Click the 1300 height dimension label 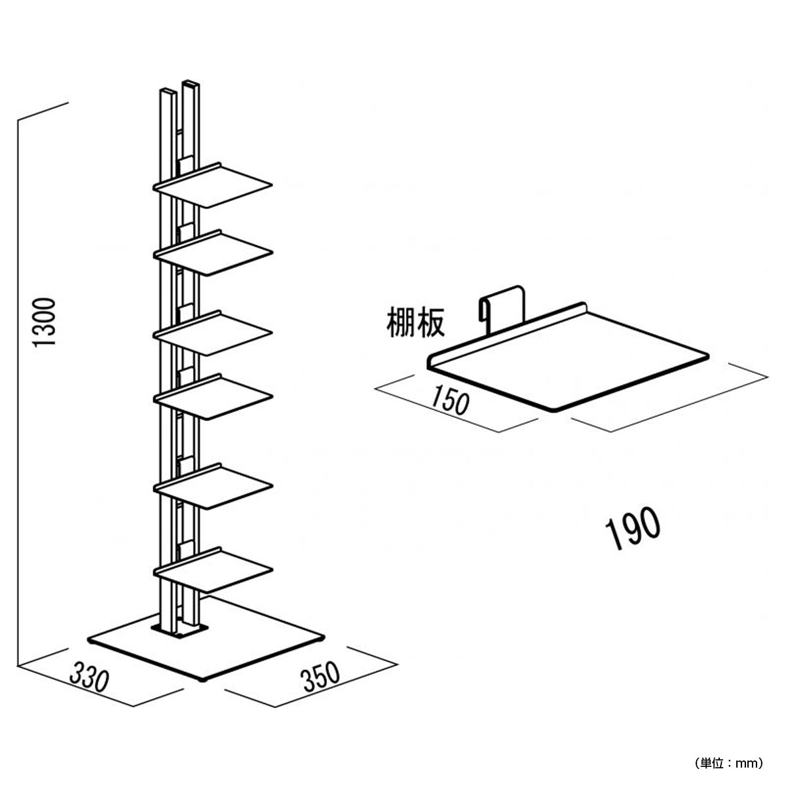coord(44,323)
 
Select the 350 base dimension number coord(320,677)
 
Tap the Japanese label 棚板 coord(415,323)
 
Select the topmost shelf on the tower coord(213,185)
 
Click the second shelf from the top coord(213,253)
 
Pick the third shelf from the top coord(213,333)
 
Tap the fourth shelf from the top coord(213,397)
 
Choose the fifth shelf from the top coord(213,486)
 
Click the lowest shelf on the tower coord(213,571)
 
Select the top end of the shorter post coord(168,91)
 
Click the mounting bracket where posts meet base coord(179,629)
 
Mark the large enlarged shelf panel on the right coord(567,358)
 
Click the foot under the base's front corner coord(202,681)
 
